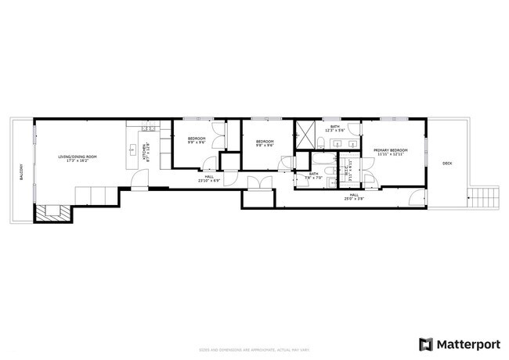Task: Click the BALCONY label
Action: [22, 171]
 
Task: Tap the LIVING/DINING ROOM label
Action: [78, 157]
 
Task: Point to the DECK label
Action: [447, 163]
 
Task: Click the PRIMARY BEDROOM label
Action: [389, 149]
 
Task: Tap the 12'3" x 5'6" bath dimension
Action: [334, 131]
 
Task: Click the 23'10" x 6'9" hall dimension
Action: [209, 180]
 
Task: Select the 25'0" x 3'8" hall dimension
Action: [354, 199]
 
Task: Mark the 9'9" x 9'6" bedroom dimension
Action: [196, 142]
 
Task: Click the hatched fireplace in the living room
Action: [52, 211]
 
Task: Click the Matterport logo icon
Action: [426, 344]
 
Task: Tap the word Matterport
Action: [468, 344]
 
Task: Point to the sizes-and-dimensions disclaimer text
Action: [254, 351]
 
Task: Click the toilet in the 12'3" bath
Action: [322, 141]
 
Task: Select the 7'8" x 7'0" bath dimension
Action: [313, 177]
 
